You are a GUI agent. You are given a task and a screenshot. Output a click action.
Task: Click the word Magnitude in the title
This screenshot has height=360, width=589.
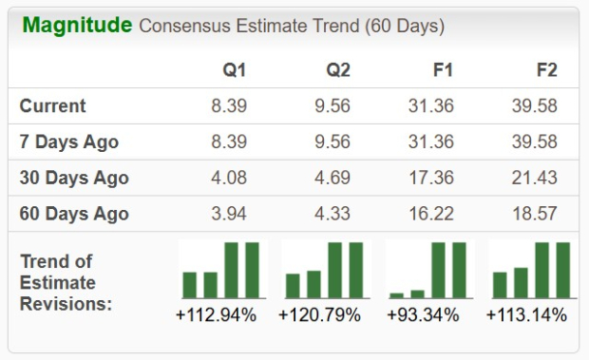(77, 25)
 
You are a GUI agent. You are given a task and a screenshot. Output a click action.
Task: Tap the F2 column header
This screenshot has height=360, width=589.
(546, 70)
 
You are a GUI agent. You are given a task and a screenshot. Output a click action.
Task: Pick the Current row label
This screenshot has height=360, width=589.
(53, 105)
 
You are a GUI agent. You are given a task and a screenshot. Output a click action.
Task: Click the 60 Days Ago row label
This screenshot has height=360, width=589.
(73, 214)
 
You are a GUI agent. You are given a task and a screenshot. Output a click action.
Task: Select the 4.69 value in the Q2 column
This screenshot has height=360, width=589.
(332, 178)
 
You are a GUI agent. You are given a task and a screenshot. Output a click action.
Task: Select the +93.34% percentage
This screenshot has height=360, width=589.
(426, 314)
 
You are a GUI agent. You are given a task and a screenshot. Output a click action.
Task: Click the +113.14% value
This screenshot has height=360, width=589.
(526, 314)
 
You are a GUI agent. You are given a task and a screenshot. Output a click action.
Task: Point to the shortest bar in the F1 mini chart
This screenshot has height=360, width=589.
(397, 295)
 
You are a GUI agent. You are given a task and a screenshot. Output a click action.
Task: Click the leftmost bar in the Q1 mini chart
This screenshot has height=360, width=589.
(190, 285)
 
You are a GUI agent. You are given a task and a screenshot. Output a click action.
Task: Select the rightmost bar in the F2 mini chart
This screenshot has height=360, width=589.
(562, 271)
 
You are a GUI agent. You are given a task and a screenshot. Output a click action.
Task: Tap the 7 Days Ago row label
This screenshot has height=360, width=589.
(69, 142)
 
